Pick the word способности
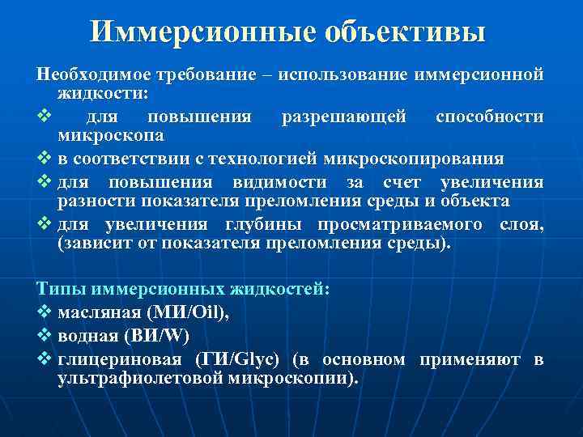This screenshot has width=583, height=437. point(489,117)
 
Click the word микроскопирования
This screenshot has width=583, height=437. point(413,158)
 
